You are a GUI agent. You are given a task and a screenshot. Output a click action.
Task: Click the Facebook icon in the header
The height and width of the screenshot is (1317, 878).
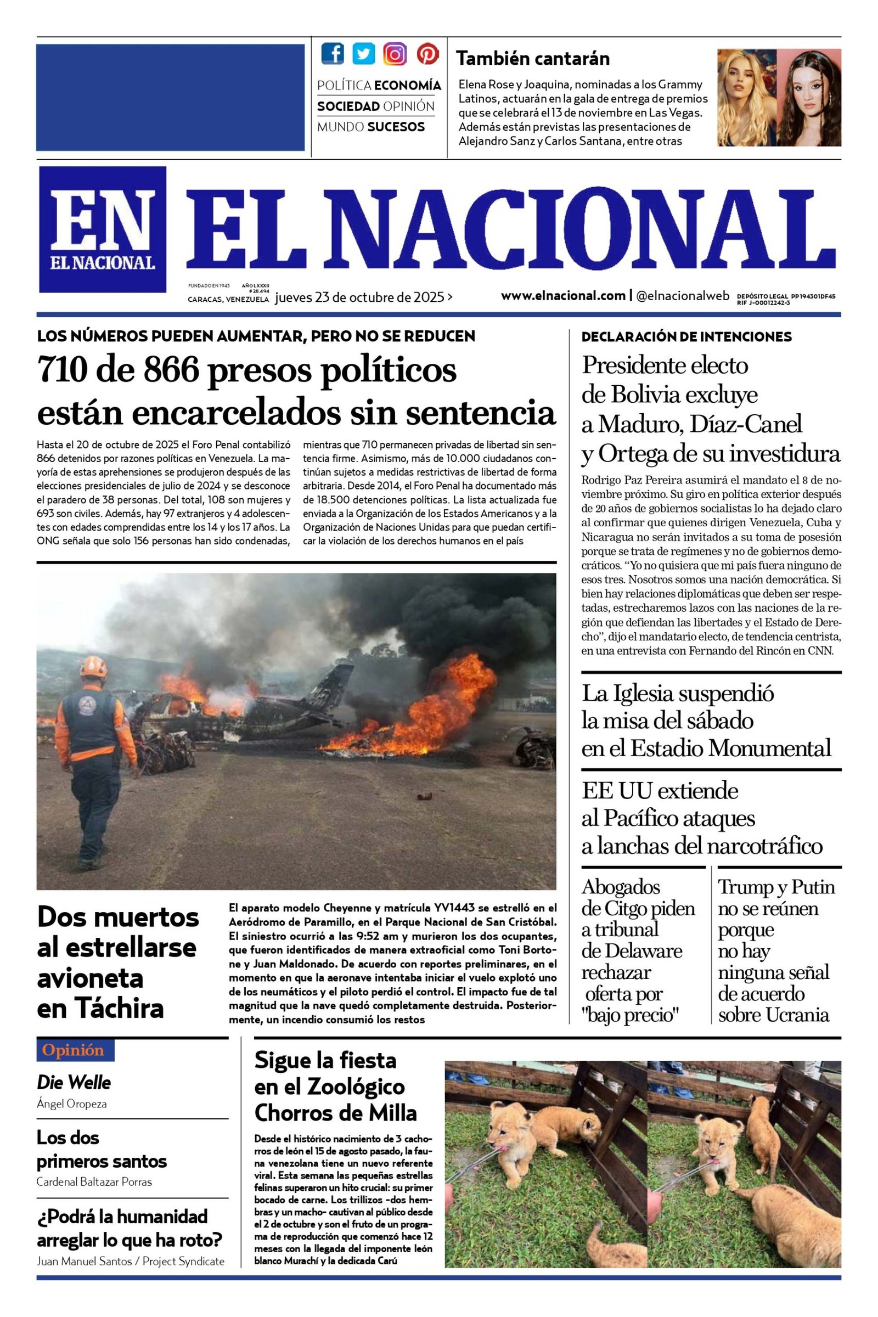333,54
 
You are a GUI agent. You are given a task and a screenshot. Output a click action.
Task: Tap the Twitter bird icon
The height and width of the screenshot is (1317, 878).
363,54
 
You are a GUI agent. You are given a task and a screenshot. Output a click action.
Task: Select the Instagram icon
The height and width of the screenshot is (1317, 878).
395,54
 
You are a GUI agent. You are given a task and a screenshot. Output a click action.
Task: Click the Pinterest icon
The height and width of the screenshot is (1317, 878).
427,54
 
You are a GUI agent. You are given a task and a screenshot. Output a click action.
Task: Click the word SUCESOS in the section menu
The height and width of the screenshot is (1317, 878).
396,127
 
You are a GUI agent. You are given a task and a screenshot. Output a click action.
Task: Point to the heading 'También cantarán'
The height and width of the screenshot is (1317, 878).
532,58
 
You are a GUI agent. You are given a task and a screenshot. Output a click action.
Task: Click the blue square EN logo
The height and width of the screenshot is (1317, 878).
103,229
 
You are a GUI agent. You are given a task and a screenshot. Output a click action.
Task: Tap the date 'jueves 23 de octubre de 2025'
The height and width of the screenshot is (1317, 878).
359,297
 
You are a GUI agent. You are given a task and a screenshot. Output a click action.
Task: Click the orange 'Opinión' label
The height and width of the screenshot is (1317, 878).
76,1050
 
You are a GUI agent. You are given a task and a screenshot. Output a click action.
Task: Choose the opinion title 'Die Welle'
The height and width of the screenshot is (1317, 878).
74,1082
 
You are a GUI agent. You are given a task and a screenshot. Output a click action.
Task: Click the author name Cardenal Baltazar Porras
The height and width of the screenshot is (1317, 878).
94,1182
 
